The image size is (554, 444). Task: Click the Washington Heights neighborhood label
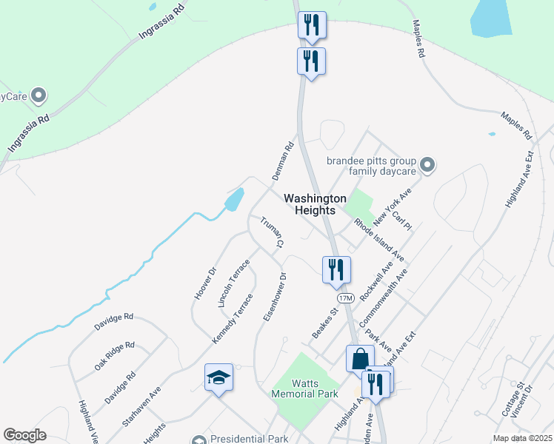[x=316, y=204]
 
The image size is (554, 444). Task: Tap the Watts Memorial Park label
[x=304, y=388]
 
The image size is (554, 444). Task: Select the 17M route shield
[x=346, y=297]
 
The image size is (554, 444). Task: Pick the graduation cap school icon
[x=218, y=378]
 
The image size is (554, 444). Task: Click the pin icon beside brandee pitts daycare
[x=426, y=164]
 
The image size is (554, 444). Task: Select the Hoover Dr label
[x=204, y=283]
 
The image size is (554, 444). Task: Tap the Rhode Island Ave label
[x=378, y=239]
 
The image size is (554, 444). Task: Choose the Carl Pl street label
[x=401, y=220]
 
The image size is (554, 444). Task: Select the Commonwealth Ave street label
[x=383, y=300]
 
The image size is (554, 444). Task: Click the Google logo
[x=24, y=435]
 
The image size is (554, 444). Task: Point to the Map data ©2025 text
[x=522, y=438]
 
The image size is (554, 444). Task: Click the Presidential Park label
[x=248, y=439]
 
